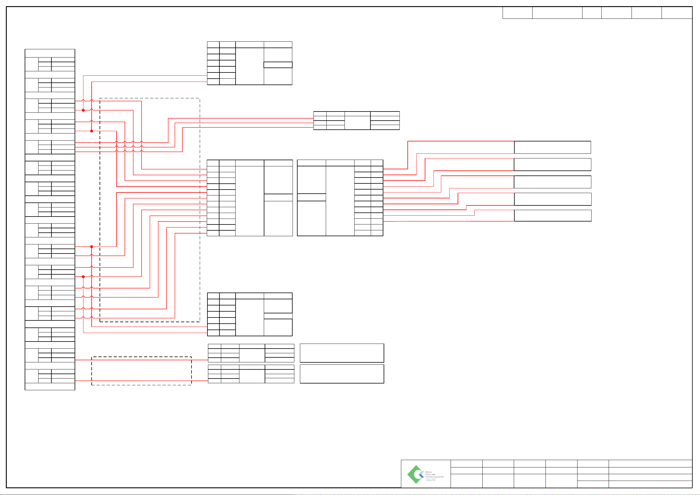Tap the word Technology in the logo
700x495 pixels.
pos(434,477)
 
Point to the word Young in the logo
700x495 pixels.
pos(430,474)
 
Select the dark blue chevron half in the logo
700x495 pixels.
pos(422,476)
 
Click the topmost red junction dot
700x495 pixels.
pos(83,110)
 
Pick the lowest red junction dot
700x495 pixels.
pos(83,276)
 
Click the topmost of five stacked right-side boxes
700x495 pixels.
pos(552,147)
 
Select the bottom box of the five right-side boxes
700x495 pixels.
pos(552,215)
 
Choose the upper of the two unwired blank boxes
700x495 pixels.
pos(342,353)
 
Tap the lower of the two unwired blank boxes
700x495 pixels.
pos(342,374)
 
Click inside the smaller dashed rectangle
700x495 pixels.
pos(141,370)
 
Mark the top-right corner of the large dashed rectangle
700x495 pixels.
pos(200,98)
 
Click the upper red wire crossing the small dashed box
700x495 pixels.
pos(141,360)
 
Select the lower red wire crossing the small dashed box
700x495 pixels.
pos(141,381)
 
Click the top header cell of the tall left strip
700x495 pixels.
pos(50,53)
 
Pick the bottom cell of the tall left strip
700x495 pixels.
pos(50,386)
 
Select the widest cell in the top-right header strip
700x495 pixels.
pos(557,13)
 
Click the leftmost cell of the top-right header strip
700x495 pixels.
pos(518,13)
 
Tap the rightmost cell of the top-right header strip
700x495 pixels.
pos(677,13)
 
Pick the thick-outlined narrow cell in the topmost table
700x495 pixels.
pos(278,65)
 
